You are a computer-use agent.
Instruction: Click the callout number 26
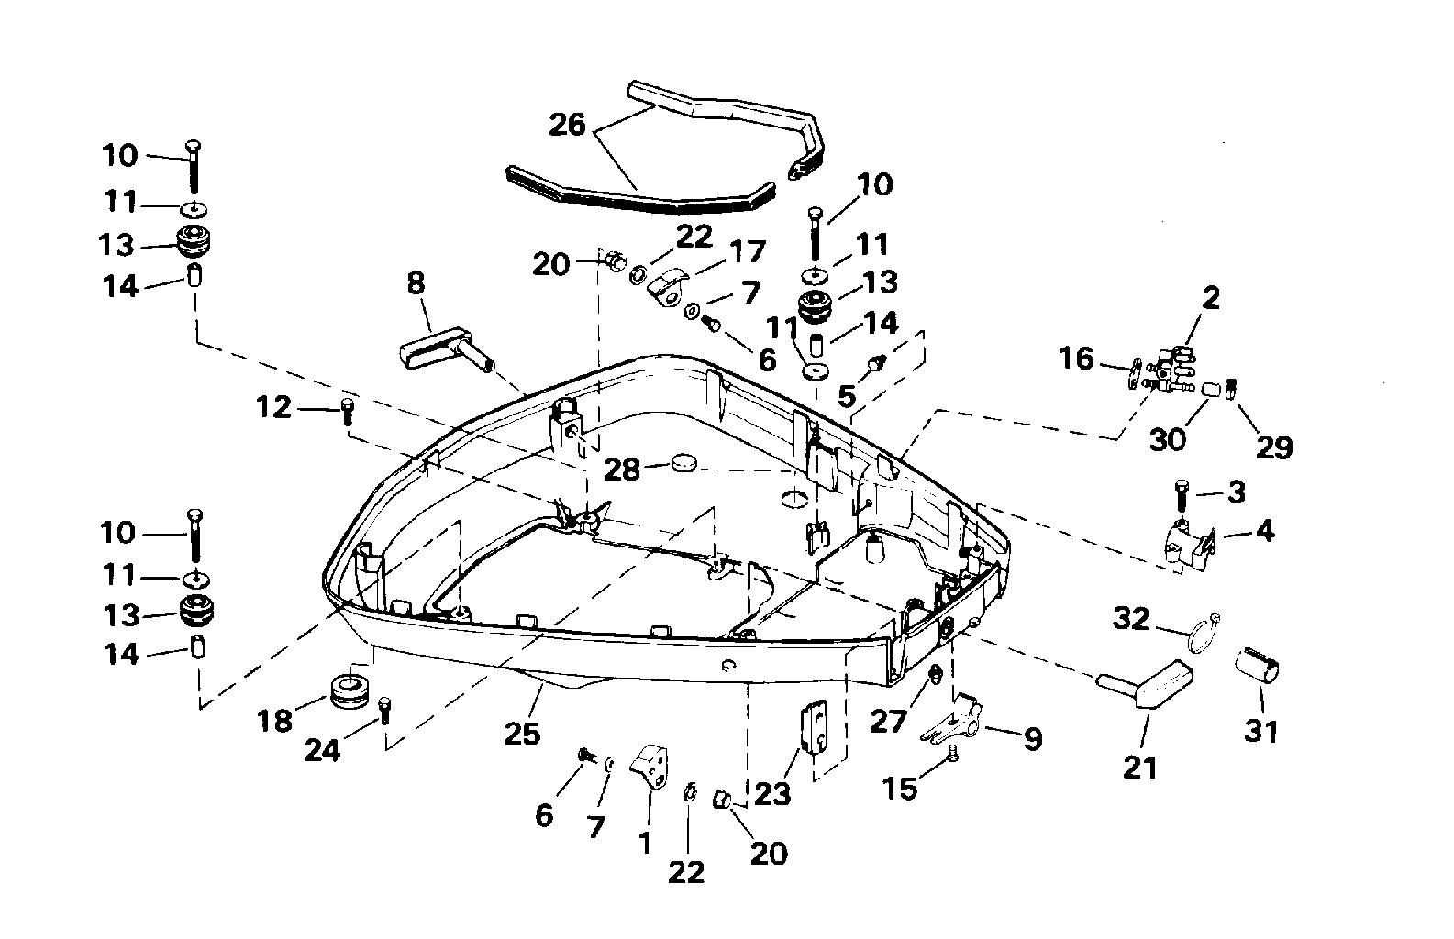click(568, 125)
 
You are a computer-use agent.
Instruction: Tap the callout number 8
click(416, 283)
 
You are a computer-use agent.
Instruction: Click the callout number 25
click(523, 734)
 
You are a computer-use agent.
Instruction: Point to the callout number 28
click(623, 470)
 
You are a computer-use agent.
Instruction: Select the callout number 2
click(1211, 298)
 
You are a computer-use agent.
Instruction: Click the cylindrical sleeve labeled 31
click(1260, 666)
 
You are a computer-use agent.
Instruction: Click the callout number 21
click(1141, 767)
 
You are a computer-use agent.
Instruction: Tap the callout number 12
click(272, 407)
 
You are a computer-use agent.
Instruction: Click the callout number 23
click(772, 792)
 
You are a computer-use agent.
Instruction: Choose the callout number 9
click(1033, 739)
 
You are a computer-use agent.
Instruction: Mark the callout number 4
click(1265, 531)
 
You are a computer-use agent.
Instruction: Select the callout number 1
click(646, 843)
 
